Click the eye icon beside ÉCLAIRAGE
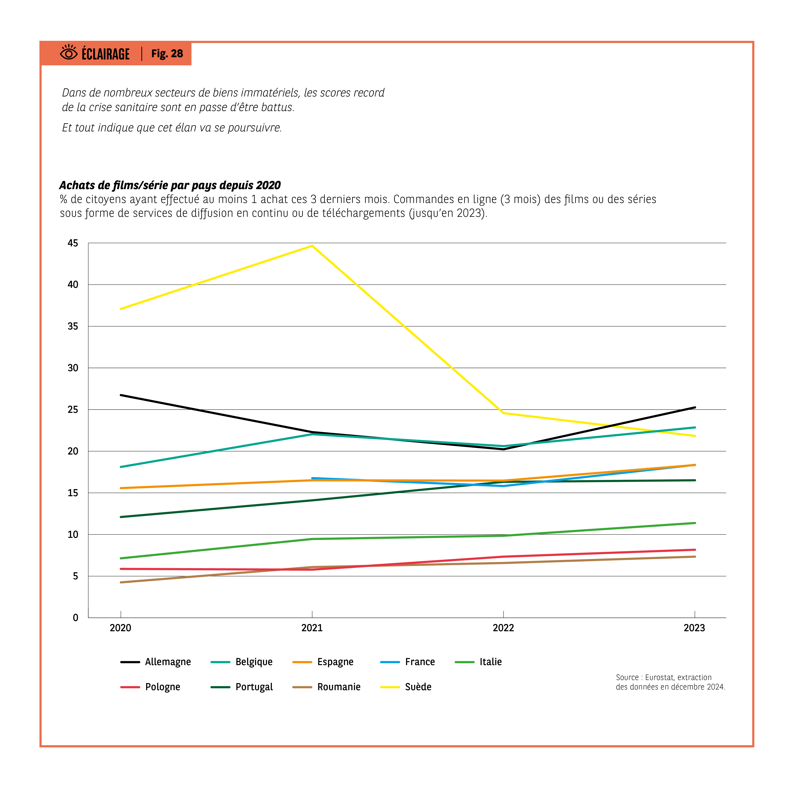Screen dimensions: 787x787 68,53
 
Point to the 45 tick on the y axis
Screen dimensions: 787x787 73,243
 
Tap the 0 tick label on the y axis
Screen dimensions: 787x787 75,618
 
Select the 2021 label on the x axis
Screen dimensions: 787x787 312,628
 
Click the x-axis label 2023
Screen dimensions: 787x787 694,628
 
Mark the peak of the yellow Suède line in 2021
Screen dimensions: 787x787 312,246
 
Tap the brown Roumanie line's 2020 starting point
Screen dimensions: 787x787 121,582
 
